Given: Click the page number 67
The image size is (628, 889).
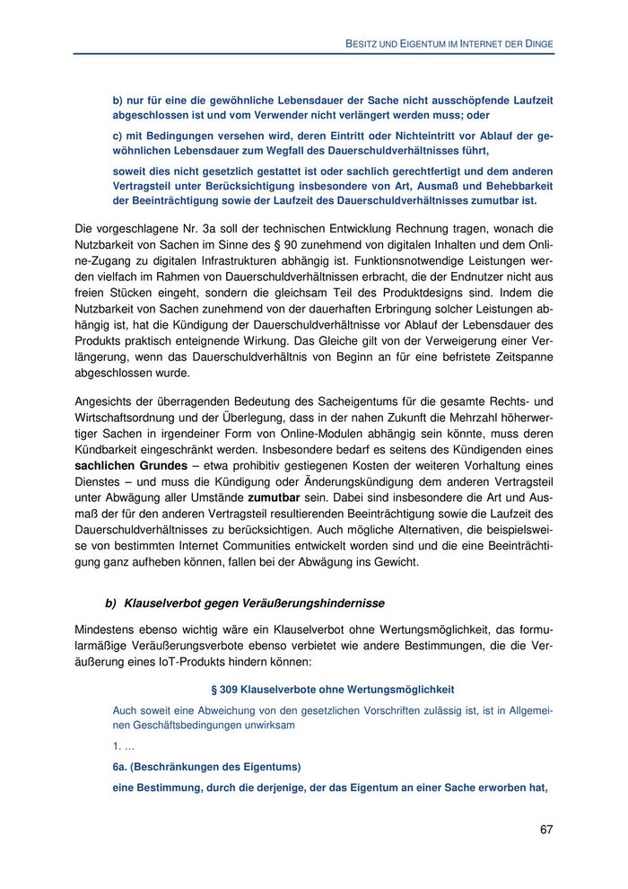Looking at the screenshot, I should click(546, 829).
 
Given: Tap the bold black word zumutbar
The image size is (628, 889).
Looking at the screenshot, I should click(273, 495).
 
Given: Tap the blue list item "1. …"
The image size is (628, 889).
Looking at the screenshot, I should click(123, 746).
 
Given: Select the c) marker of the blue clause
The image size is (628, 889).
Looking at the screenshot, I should click(118, 136).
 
